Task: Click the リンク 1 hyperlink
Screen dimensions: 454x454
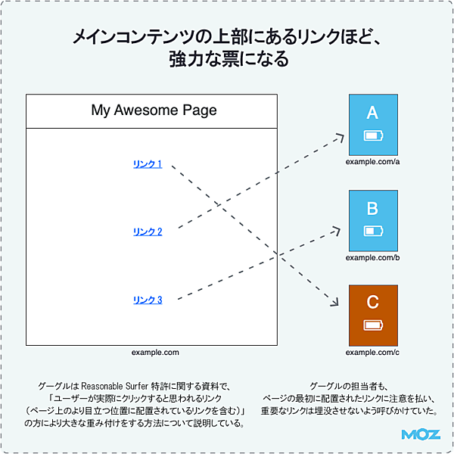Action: (x=148, y=164)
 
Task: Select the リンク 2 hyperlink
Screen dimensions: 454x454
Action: (x=148, y=232)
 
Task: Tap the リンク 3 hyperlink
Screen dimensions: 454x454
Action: (x=148, y=300)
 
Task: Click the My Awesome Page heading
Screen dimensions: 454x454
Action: (x=154, y=110)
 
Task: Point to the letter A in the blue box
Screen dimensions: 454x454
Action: (x=372, y=113)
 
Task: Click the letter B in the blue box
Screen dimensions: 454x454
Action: (x=372, y=208)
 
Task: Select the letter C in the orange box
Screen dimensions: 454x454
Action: (x=372, y=303)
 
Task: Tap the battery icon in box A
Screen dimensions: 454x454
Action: (x=373, y=136)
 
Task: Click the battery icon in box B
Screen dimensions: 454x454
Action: (x=373, y=231)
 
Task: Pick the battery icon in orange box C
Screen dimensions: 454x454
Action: (x=373, y=325)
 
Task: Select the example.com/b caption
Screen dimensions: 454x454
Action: (x=372, y=258)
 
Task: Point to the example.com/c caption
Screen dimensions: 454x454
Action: (x=372, y=353)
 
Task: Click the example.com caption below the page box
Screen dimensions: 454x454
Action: (x=154, y=353)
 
